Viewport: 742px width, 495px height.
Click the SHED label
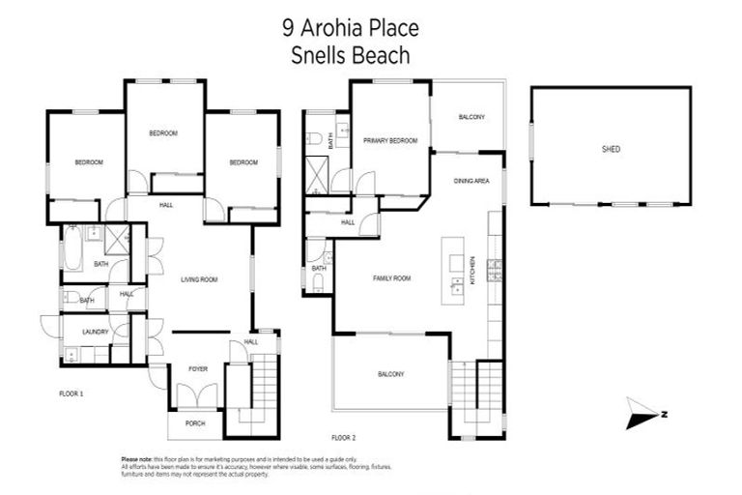pos(610,150)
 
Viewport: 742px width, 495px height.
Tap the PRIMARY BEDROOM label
pos(389,141)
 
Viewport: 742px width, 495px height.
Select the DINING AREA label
pos(472,181)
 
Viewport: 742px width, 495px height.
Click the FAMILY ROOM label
pos(392,278)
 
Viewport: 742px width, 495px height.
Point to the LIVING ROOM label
pos(199,279)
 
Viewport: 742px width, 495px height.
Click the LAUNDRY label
pos(95,332)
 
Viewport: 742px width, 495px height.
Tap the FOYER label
pos(199,368)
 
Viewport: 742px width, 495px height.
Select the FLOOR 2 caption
pos(344,437)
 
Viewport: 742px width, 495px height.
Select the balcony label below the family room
pos(389,374)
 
